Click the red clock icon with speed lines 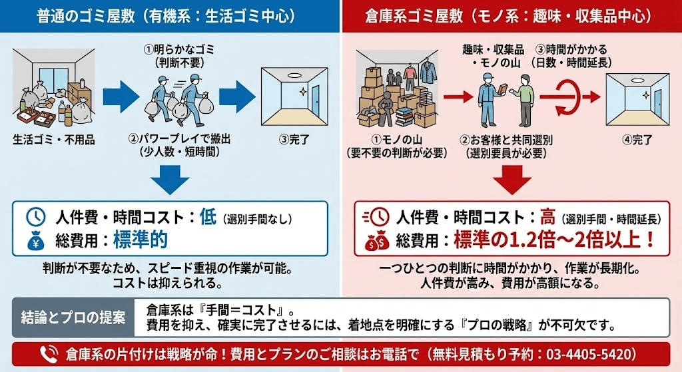(376, 218)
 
